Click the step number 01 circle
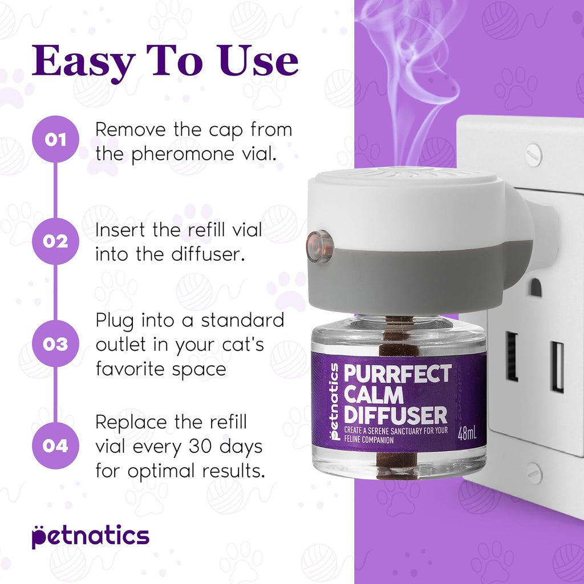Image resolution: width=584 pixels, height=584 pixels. [x=55, y=139]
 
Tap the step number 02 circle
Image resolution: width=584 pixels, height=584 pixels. [x=55, y=241]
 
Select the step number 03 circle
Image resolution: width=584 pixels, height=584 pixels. [x=55, y=344]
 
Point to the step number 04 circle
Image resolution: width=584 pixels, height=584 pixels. [x=55, y=445]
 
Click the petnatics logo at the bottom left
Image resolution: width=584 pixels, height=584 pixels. [x=90, y=536]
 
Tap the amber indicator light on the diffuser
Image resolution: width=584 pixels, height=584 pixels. [x=321, y=246]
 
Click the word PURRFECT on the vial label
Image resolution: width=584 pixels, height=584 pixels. [x=398, y=375]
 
